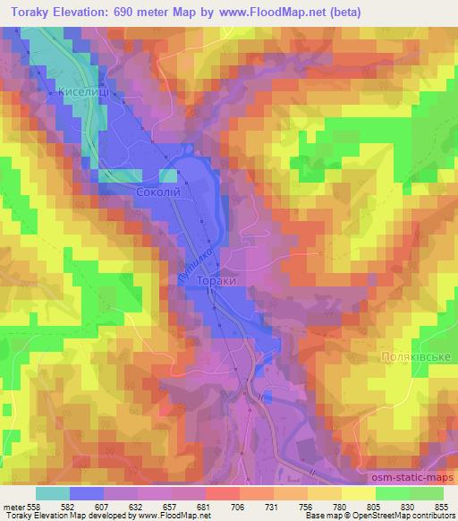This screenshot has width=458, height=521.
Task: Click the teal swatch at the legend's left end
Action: pyautogui.click(x=53, y=493)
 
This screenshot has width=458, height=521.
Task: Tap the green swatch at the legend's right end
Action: pyautogui.click(x=426, y=493)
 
